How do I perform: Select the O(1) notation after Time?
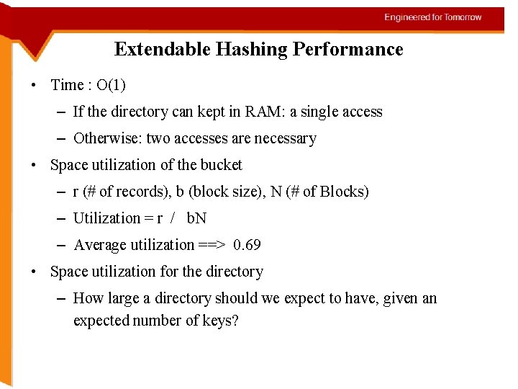click(x=111, y=85)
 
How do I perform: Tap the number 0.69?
click(x=247, y=245)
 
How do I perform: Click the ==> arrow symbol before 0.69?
click(x=213, y=245)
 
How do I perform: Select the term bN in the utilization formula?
click(x=196, y=218)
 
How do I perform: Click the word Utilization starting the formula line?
click(x=106, y=218)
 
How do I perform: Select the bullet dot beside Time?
click(x=35, y=86)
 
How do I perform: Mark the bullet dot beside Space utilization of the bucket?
click(x=35, y=166)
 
